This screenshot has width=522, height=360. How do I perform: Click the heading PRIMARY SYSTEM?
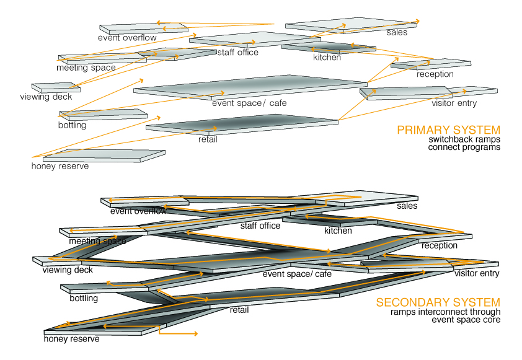pyautogui.click(x=448, y=130)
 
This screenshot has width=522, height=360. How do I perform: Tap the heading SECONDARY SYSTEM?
pyautogui.click(x=438, y=302)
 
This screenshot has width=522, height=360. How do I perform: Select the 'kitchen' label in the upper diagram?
pyautogui.click(x=327, y=57)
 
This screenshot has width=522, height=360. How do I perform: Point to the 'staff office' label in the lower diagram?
pyautogui.click(x=260, y=226)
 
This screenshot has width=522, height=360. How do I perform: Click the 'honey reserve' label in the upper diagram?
pyautogui.click(x=60, y=166)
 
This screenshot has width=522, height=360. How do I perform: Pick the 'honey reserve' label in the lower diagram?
pyautogui.click(x=71, y=339)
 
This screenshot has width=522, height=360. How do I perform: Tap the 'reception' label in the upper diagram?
pyautogui.click(x=435, y=74)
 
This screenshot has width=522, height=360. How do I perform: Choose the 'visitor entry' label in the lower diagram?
pyautogui.click(x=477, y=273)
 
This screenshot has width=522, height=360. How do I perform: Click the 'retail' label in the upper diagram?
pyautogui.click(x=208, y=139)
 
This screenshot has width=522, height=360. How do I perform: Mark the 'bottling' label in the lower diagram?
pyautogui.click(x=84, y=298)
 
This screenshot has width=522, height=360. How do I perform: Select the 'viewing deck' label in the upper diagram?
pyautogui.click(x=46, y=97)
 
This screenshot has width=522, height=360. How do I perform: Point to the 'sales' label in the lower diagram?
pyautogui.click(x=407, y=206)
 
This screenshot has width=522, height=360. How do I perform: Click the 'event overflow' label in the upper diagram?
pyautogui.click(x=127, y=38)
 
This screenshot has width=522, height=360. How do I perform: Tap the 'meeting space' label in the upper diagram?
pyautogui.click(x=86, y=68)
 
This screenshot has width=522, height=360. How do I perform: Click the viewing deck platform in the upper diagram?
pyautogui.click(x=56, y=87)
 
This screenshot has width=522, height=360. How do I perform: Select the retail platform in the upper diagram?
pyautogui.click(x=242, y=125)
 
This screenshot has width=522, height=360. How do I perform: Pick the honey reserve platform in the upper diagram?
pyautogui.click(x=104, y=156)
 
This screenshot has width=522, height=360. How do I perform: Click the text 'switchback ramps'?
pyautogui.click(x=464, y=139)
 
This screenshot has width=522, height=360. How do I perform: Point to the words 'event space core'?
pyautogui.click(x=466, y=320)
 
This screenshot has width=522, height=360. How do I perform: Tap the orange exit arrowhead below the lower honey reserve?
pyautogui.click(x=196, y=333)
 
